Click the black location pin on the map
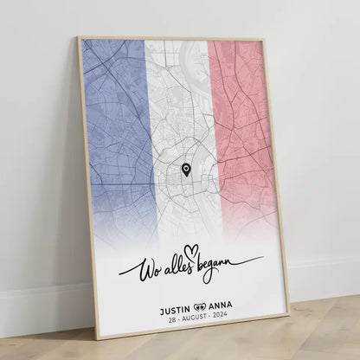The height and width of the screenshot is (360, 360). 186,170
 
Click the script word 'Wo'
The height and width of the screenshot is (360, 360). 136,272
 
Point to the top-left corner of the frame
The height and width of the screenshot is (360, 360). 78,37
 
